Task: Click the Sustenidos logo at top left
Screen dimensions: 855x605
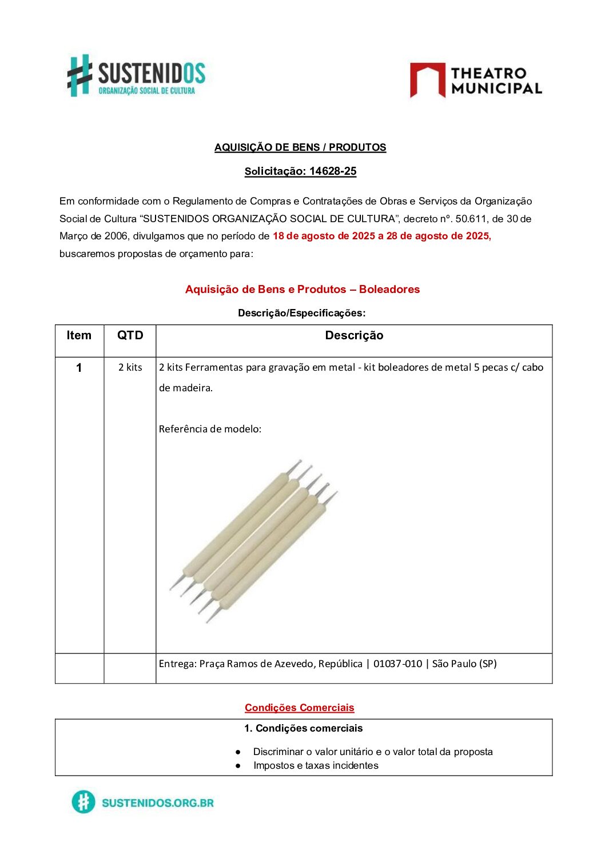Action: [136, 75]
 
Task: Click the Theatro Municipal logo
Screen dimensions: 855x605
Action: [476, 81]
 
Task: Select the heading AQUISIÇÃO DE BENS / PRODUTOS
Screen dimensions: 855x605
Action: [300, 147]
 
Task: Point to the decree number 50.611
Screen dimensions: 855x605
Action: [471, 219]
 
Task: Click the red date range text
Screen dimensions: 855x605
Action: [381, 236]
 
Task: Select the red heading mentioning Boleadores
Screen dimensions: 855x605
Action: [302, 290]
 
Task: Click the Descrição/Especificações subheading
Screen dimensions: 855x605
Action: [301, 313]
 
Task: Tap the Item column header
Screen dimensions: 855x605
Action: [79, 336]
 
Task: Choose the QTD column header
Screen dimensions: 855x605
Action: [130, 336]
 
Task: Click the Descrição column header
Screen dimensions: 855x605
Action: [354, 336]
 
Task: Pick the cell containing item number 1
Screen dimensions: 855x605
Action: [79, 368]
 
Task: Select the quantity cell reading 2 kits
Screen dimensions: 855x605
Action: [130, 367]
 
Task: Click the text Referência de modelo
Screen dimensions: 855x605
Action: [210, 429]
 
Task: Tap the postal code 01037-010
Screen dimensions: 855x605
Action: [397, 664]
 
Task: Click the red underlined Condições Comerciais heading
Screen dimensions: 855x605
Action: [299, 708]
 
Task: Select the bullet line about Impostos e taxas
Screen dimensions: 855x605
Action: [316, 765]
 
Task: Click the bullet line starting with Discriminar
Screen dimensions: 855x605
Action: [373, 752]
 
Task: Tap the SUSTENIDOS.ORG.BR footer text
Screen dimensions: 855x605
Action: [157, 802]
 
